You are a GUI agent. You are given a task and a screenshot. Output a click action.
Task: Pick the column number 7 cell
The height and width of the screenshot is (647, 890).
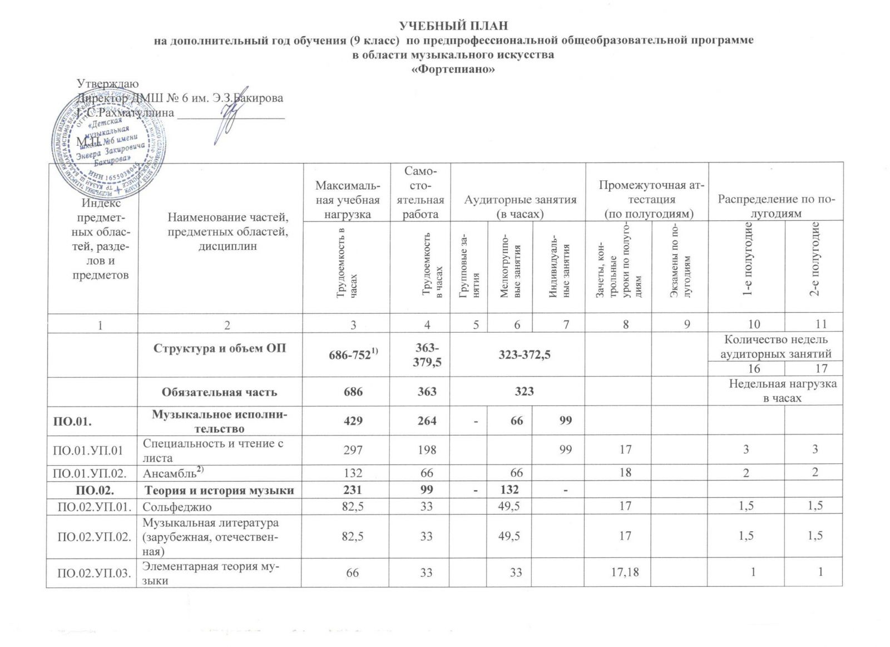click(565, 323)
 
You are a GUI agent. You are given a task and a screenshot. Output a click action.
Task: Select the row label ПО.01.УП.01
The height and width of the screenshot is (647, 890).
click(92, 450)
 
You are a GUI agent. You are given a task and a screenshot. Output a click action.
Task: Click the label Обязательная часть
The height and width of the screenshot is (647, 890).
click(219, 392)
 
